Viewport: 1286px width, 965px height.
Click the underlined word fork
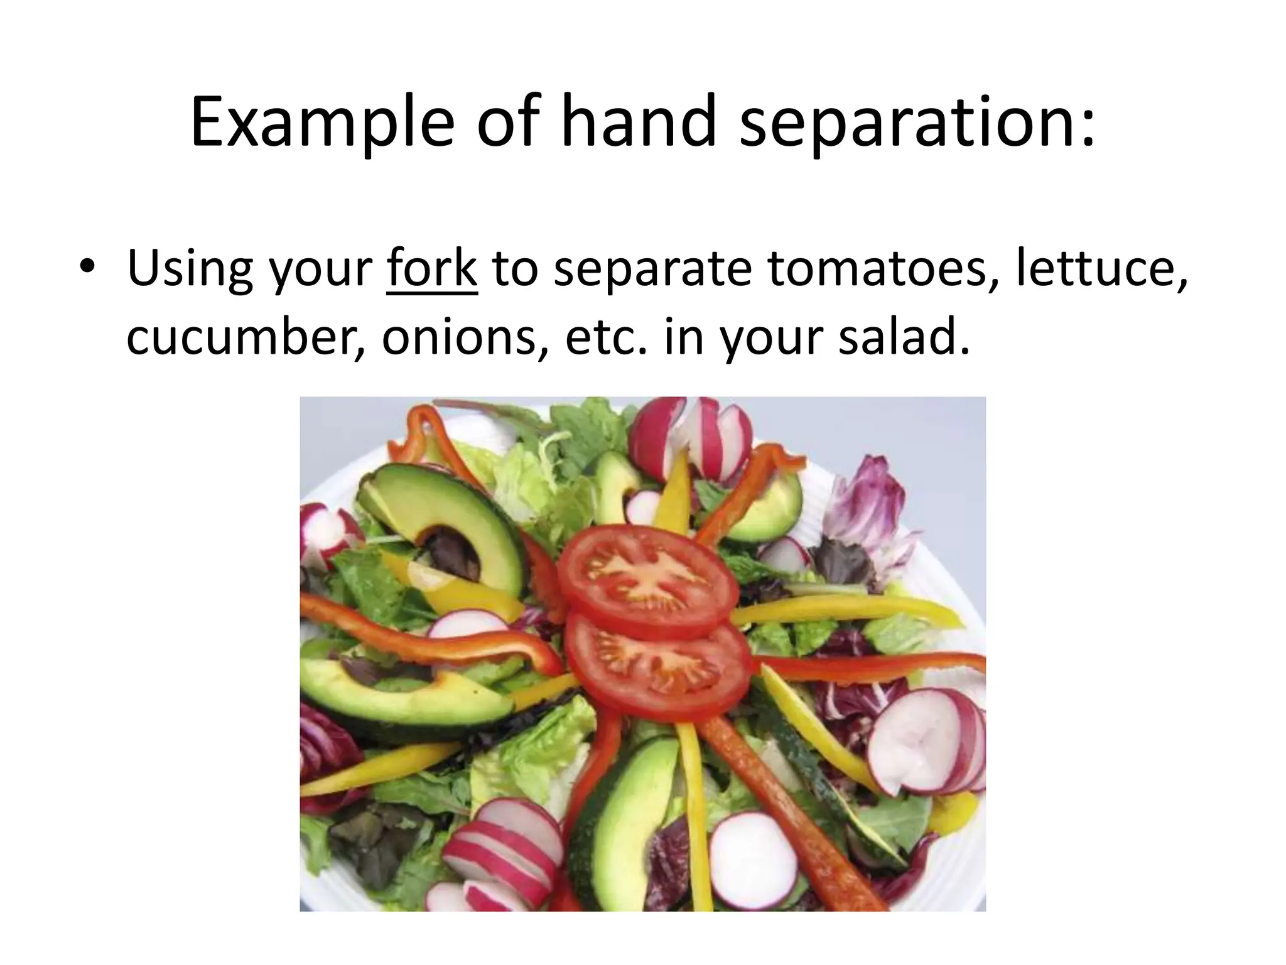(432, 269)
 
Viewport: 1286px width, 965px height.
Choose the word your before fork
(321, 269)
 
